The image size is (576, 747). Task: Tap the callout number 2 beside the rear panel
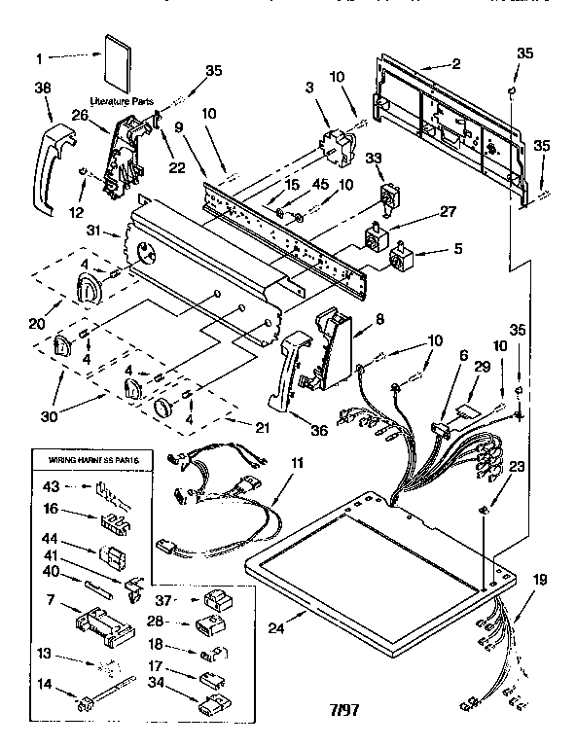click(455, 64)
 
